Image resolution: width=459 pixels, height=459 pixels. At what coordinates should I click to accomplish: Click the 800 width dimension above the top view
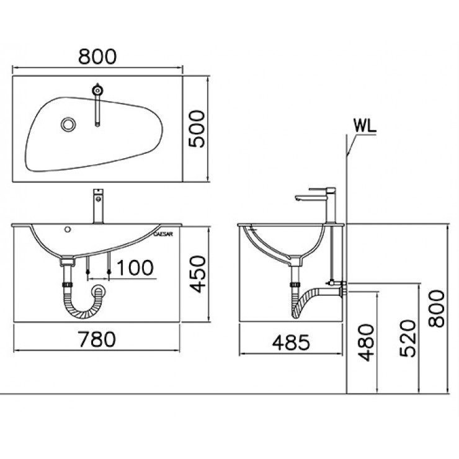tap(98, 56)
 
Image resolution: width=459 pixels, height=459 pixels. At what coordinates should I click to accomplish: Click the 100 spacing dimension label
tap(135, 267)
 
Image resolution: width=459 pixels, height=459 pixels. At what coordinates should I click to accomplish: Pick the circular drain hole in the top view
tap(68, 124)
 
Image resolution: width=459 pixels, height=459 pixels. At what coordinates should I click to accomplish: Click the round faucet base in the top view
tap(97, 90)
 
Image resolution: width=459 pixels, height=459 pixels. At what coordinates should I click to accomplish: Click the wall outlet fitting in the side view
tap(340, 286)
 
